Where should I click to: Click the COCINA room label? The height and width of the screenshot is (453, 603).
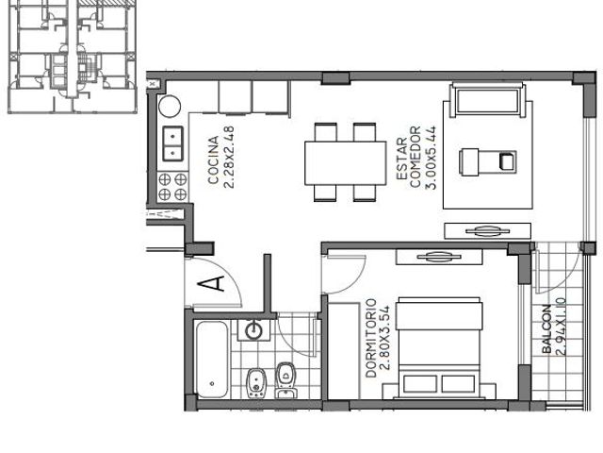[213, 159]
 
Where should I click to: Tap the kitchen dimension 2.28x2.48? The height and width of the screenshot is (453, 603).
[228, 158]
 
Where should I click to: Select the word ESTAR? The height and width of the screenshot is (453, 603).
[401, 159]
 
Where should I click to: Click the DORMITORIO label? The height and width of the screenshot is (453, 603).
[370, 338]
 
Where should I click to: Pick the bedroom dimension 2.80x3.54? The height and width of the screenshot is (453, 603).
[384, 338]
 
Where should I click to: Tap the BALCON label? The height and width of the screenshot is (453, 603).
[546, 329]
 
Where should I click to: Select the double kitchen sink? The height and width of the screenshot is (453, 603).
[173, 143]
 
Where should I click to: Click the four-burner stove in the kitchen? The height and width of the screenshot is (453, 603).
[172, 187]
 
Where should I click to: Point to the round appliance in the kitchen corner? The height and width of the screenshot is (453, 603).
[170, 106]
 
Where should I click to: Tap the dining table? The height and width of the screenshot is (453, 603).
[346, 163]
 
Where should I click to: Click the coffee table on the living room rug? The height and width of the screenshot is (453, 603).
[488, 162]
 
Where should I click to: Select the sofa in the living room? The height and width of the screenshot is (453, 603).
[488, 99]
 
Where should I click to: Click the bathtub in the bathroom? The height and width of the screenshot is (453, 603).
[212, 359]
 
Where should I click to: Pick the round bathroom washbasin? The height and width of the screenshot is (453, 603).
[253, 330]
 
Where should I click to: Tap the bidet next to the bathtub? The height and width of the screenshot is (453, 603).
[256, 382]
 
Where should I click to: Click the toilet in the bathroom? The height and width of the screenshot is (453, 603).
[285, 379]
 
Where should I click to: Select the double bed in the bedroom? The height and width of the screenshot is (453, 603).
[439, 347]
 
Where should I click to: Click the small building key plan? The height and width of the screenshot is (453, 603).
[73, 57]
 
